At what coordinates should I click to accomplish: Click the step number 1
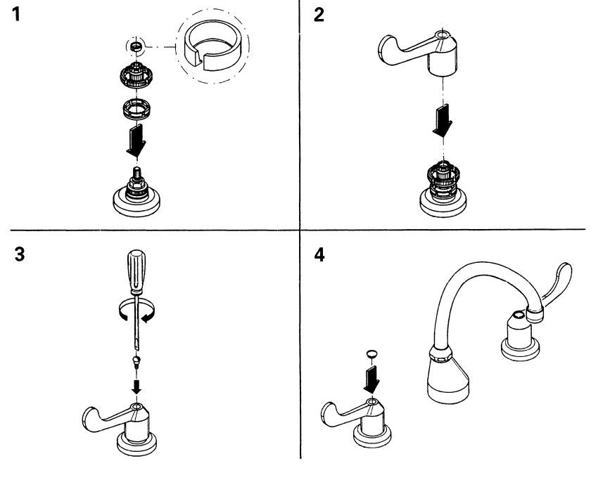pyautogui.click(x=15, y=15)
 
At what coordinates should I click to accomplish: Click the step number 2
pyautogui.click(x=319, y=15)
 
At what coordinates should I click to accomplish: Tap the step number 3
pyautogui.click(x=19, y=254)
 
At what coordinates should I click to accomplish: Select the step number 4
pyautogui.click(x=319, y=255)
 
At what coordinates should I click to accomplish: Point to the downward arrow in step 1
pyautogui.click(x=136, y=140)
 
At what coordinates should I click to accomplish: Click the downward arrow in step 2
pyautogui.click(x=443, y=120)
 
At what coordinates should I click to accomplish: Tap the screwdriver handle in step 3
pyautogui.click(x=136, y=271)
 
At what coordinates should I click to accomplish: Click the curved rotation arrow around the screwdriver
pyautogui.click(x=136, y=313)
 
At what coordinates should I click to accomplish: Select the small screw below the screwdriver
pyautogui.click(x=136, y=360)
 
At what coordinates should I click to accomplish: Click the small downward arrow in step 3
pyautogui.click(x=136, y=386)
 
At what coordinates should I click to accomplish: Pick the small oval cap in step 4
pyautogui.click(x=371, y=354)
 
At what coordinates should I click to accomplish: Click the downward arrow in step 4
pyautogui.click(x=371, y=379)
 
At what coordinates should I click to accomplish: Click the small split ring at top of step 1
pyautogui.click(x=136, y=47)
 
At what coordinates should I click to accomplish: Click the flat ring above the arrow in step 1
pyautogui.click(x=136, y=108)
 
